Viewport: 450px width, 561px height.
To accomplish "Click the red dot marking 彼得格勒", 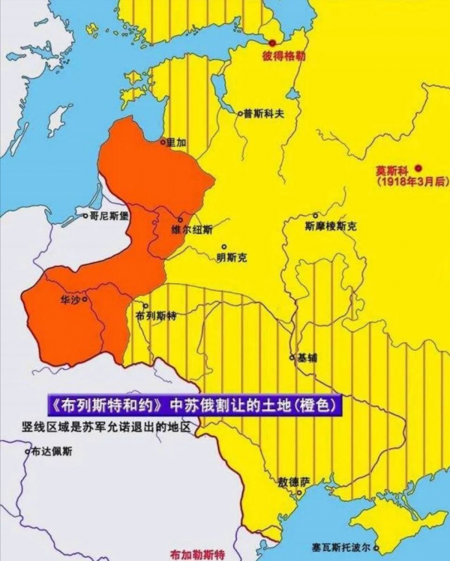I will (274, 43).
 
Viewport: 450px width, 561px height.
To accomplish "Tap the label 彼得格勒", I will (283, 55).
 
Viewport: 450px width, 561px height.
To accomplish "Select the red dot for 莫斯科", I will (419, 168).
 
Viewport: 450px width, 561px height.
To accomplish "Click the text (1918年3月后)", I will (409, 182).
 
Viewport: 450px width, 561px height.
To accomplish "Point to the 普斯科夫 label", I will (262, 114).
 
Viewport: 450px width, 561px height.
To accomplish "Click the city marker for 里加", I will (162, 140).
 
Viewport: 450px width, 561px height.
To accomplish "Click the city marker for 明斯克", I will (223, 246).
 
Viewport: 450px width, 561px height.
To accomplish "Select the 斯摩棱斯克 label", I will (331, 225).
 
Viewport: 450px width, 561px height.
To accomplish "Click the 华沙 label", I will (69, 299).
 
